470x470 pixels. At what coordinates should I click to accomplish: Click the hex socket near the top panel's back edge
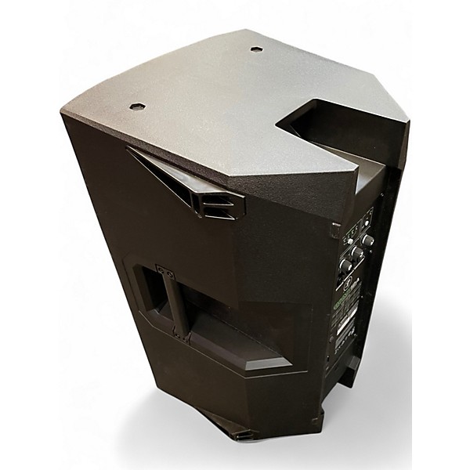pyautogui.click(x=258, y=49)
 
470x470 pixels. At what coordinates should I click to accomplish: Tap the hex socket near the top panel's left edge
pyautogui.click(x=138, y=104)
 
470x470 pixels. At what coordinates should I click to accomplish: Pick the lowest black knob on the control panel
pyautogui.click(x=345, y=266)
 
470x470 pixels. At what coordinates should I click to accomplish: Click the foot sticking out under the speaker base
pyautogui.click(x=235, y=436)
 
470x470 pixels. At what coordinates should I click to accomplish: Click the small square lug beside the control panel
pyautogui.click(x=335, y=233)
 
